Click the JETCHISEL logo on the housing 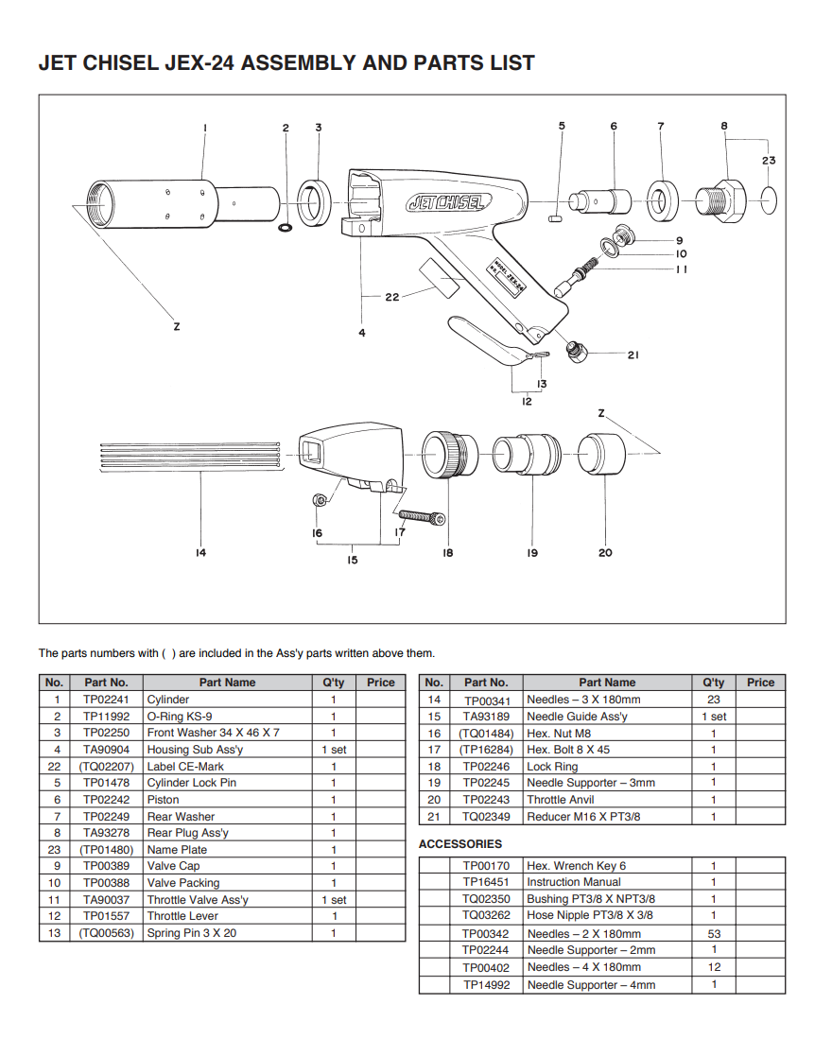447,202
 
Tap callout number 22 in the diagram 393,297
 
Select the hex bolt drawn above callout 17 422,517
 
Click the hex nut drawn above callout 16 321,499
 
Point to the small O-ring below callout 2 286,228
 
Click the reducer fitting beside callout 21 575,352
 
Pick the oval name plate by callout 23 770,199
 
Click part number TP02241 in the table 106,700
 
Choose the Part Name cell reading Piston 163,800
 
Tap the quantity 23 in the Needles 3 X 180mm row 714,700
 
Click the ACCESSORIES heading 460,844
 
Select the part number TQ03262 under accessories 486,915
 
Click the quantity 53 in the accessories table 714,934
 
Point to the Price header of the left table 381,683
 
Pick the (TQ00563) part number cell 106,933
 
